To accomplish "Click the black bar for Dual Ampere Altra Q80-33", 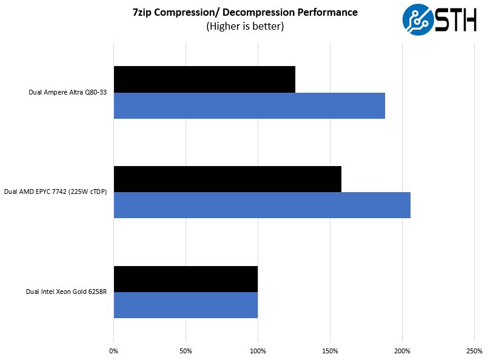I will click(x=204, y=79).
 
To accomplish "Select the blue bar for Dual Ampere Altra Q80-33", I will click(x=249, y=105).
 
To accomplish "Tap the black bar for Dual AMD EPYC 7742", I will click(x=227, y=179).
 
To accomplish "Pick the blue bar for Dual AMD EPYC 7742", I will click(x=262, y=205).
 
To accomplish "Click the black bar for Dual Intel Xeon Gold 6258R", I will click(x=186, y=279).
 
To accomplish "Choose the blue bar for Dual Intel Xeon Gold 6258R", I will click(x=186, y=305).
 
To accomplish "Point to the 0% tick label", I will click(x=113, y=352).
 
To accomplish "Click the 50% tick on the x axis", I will click(x=186, y=352).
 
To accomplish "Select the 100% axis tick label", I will click(x=258, y=352).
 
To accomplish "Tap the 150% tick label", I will click(x=330, y=352).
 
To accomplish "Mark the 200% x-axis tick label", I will click(x=402, y=352).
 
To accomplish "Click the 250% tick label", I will click(x=474, y=352).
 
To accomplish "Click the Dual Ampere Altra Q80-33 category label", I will click(x=69, y=93).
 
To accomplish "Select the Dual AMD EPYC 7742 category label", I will click(x=56, y=193).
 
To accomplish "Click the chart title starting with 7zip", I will click(x=245, y=12).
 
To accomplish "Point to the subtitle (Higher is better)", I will click(x=245, y=26).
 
